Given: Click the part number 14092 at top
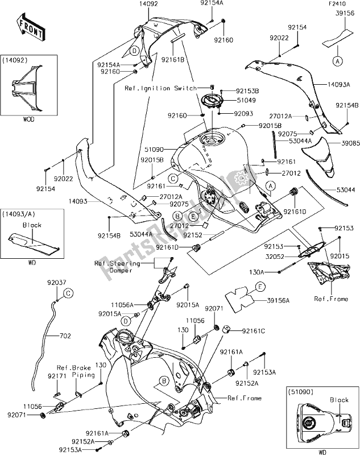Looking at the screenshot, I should (148, 4).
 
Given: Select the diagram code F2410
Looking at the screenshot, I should (338, 4).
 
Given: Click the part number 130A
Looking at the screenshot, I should (266, 272).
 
